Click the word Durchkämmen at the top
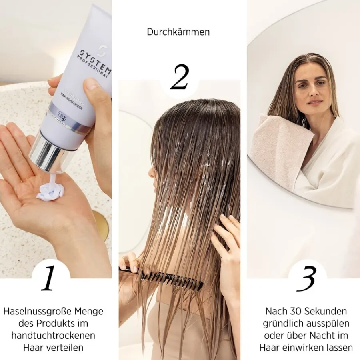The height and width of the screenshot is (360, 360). point(178,32)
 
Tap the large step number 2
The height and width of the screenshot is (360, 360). point(179,78)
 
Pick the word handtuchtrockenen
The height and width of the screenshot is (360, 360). point(53,336)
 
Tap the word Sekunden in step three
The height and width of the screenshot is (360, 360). point(324,311)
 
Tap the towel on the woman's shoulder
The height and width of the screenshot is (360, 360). point(280,148)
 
